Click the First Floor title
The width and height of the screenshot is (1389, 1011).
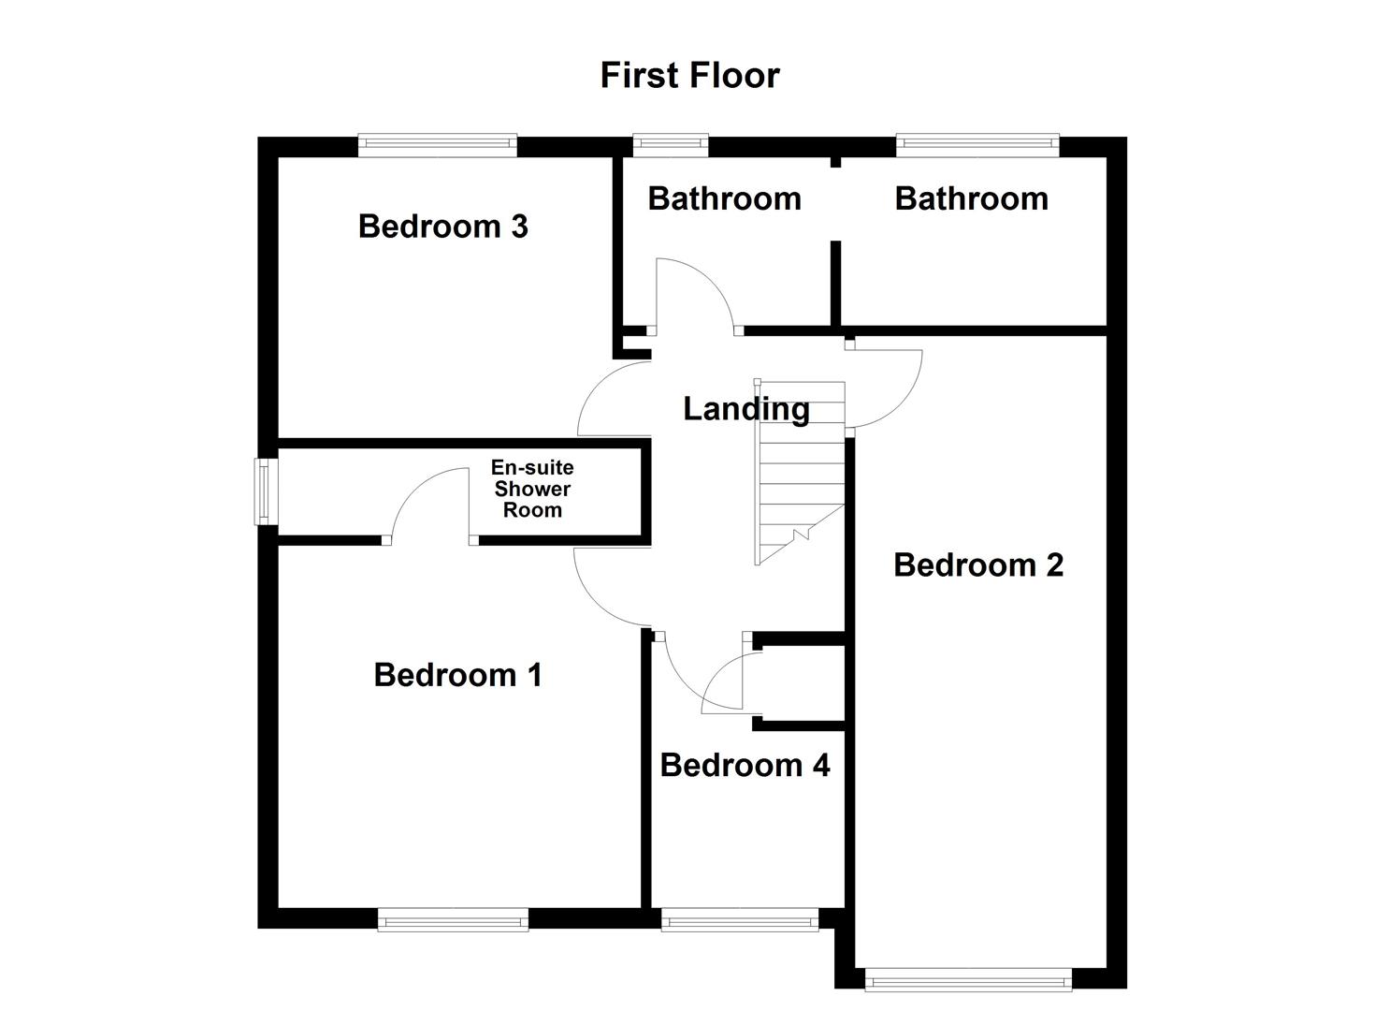pyautogui.click(x=689, y=76)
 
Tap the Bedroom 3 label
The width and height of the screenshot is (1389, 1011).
pyautogui.click(x=442, y=227)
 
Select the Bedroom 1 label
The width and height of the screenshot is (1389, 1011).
pyautogui.click(x=457, y=675)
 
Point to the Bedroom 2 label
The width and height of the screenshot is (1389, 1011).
pyautogui.click(x=978, y=565)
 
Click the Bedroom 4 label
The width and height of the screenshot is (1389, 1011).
pyautogui.click(x=745, y=766)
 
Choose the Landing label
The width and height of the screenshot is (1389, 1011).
pyautogui.click(x=745, y=409)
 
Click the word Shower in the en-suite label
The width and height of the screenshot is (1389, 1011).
pyautogui.click(x=532, y=489)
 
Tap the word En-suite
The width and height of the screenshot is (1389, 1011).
pyautogui.click(x=532, y=467)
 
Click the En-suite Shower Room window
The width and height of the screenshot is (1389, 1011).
pyautogui.click(x=267, y=491)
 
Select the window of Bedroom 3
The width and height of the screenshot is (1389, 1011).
pyautogui.click(x=437, y=144)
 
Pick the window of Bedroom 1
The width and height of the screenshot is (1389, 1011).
pyautogui.click(x=453, y=920)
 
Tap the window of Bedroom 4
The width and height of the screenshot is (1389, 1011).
pyautogui.click(x=740, y=920)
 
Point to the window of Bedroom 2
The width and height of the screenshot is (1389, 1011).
pyautogui.click(x=967, y=980)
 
